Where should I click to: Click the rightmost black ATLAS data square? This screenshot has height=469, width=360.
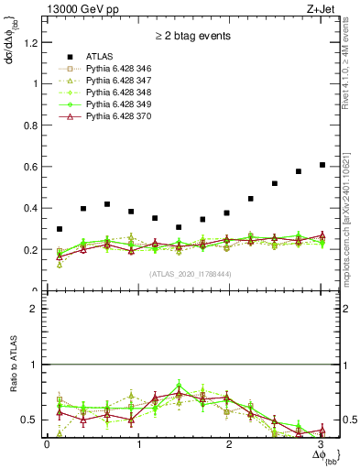coord(322,165)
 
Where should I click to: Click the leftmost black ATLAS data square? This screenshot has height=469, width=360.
coord(60,229)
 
